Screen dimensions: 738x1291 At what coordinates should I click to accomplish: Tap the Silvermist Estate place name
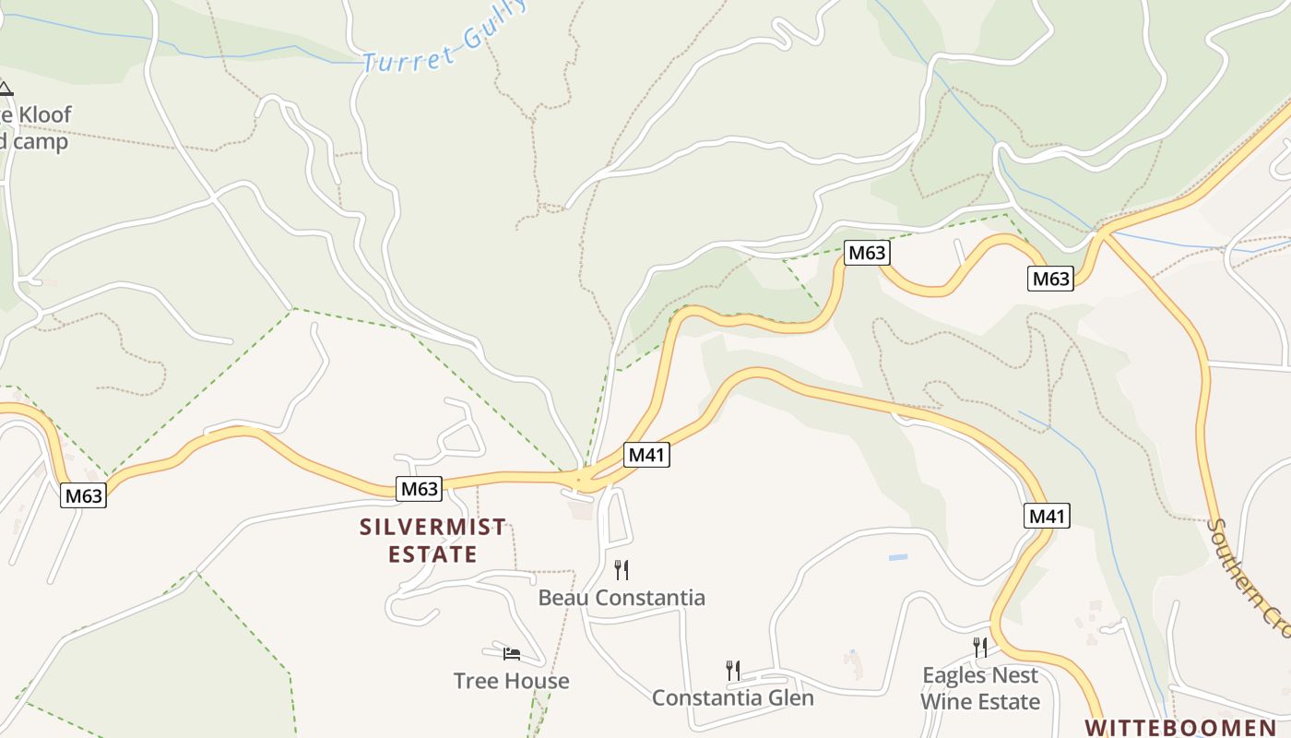432,541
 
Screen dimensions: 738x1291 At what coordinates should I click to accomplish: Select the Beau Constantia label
622,598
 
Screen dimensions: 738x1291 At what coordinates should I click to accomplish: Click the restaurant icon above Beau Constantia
622,570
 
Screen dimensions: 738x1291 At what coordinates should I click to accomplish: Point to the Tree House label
511,681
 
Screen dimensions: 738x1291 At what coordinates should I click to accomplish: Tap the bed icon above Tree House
512,654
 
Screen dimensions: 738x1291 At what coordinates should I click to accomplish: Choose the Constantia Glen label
732,697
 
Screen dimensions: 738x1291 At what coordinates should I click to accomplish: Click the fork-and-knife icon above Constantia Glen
732,671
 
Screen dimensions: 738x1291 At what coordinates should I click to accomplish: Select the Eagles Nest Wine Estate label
979,688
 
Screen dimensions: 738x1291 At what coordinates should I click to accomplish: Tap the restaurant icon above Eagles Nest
979,648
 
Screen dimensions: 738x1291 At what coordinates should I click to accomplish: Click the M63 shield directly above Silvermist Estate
419,489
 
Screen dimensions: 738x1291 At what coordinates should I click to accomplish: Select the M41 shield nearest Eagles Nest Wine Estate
1047,516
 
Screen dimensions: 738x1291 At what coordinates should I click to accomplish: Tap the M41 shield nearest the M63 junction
646,455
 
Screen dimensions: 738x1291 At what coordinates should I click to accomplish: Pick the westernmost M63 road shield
84,495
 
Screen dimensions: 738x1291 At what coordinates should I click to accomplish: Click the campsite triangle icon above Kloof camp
6,89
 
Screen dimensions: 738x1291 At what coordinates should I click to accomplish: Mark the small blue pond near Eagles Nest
897,558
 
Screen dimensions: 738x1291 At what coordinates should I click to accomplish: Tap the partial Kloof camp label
34,128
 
